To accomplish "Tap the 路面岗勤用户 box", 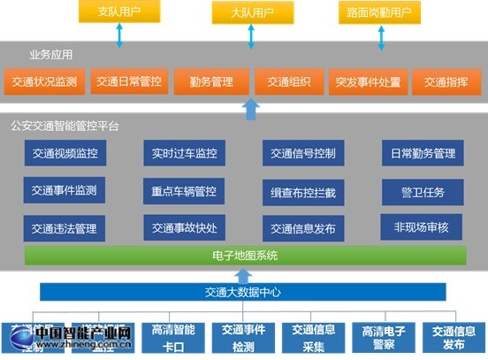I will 379,13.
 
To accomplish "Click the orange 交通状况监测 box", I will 44,82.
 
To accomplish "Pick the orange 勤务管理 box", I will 210,82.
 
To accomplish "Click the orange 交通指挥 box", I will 446,82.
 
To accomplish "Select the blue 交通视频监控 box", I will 64,153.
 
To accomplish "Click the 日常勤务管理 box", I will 422,153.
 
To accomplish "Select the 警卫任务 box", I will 422,190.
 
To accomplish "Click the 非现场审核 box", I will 422,226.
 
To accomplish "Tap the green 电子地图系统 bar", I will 245,256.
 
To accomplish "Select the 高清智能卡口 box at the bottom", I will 173,337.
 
